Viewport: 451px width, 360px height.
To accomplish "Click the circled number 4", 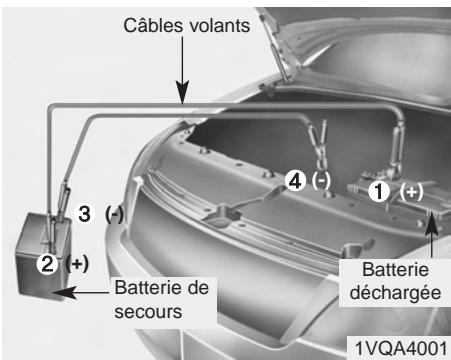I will [294, 181].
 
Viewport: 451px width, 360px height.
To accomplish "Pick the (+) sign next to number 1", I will [410, 191].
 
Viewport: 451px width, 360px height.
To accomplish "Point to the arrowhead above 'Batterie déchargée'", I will [432, 218].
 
